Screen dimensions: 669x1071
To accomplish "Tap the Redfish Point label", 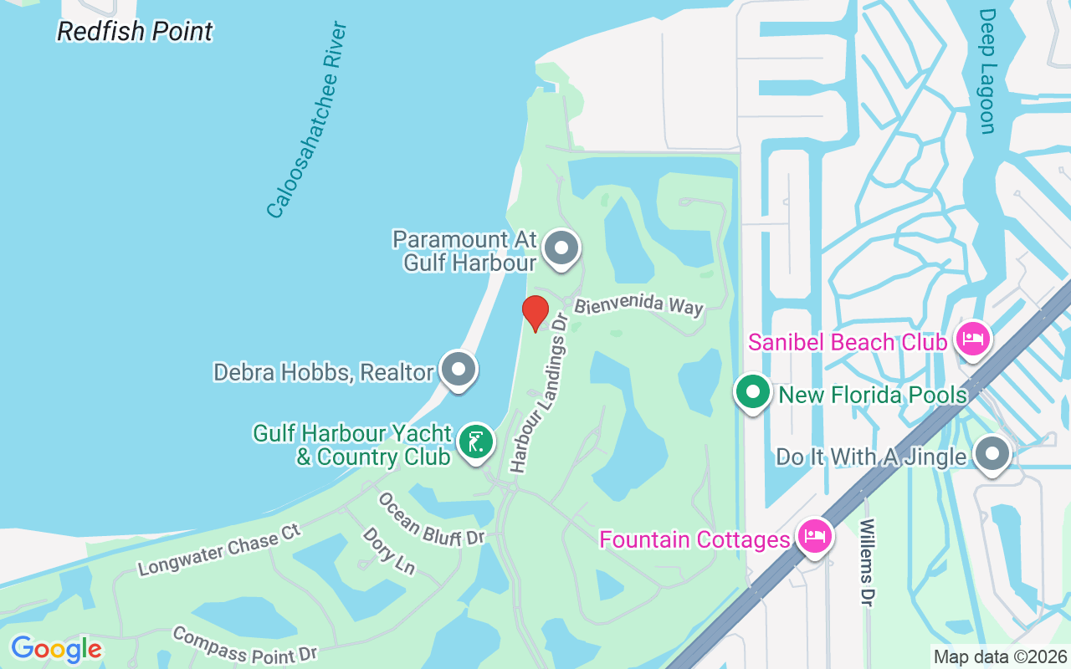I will coord(135,32).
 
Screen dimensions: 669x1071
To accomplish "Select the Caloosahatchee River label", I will coord(306,120).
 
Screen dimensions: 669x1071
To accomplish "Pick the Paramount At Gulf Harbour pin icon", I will coord(561,248).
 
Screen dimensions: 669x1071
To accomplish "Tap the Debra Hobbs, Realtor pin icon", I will coord(458,369).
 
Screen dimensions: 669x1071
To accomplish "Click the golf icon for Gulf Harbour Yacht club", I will coord(476,442).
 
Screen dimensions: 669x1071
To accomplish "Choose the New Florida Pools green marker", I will coord(752,391).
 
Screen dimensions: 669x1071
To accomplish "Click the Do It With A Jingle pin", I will coord(993,454).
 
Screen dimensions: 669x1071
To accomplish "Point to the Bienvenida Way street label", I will coord(638,305).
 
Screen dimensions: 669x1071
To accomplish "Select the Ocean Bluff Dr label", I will coord(432,519).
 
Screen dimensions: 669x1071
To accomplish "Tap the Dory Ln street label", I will coord(389,550).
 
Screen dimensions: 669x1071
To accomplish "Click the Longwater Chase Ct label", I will coord(219,551).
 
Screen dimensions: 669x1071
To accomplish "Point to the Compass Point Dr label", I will coord(244,645).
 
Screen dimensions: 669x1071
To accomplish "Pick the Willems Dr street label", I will coord(866,562).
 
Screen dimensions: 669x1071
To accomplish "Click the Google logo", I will coord(56,649).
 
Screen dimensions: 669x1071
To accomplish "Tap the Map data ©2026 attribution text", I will coord(1000,656).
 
